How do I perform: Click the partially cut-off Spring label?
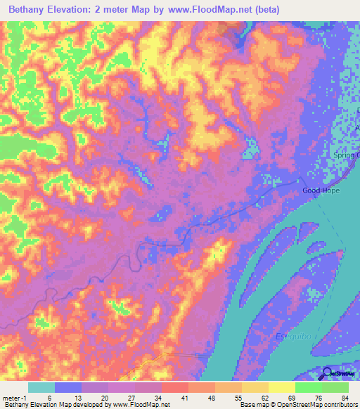[x=349, y=155]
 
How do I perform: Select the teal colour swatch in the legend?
[x=41, y=387]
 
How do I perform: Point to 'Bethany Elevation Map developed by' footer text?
[x=53, y=405]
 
